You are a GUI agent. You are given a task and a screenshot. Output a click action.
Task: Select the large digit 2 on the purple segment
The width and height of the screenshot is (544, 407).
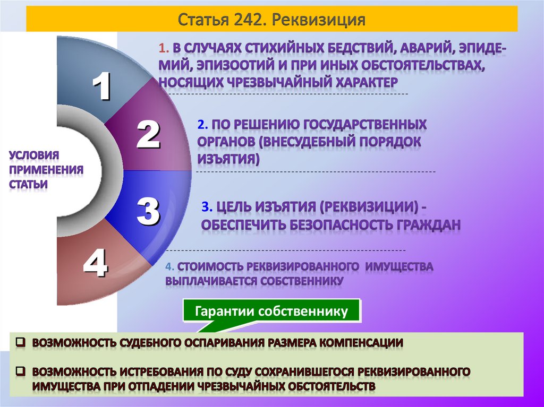(x=148, y=135)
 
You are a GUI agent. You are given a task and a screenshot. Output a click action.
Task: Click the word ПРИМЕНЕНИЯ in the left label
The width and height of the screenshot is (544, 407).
(x=46, y=170)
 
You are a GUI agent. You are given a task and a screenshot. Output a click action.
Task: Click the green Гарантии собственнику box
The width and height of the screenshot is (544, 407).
(x=271, y=311)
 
